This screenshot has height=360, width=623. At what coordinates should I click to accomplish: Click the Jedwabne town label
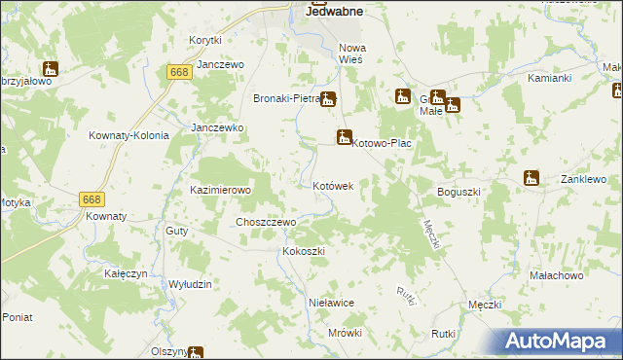point(335,12)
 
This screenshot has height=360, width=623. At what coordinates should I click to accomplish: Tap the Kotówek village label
point(339,185)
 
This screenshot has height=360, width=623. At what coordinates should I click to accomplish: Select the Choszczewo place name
point(266,222)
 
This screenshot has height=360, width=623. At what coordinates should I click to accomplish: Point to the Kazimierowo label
point(221,190)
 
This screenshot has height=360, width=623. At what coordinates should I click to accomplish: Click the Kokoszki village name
point(303,251)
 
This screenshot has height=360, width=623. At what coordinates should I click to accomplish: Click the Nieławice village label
point(330,303)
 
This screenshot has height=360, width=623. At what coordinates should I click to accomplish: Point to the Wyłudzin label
point(191,283)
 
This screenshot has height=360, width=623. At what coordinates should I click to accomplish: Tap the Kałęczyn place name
point(126,274)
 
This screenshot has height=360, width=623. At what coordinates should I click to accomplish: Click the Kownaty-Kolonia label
point(124,135)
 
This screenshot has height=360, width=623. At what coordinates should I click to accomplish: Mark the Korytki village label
point(205,40)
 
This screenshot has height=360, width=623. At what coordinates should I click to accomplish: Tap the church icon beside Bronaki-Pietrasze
point(329,98)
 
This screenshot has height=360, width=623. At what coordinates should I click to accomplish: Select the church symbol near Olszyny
point(196,352)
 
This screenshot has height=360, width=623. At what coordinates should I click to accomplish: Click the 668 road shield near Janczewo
point(178,73)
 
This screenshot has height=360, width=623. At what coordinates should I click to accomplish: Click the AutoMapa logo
point(560,342)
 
